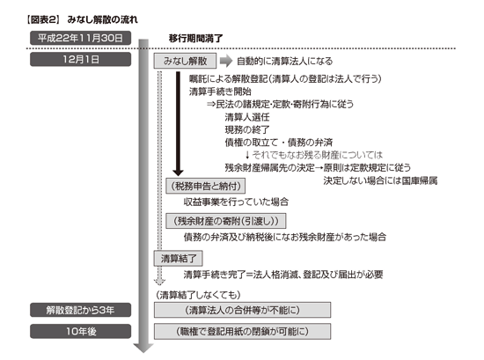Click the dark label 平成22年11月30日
[81, 38]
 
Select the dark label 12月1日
[81, 59]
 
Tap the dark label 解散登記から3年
[81, 310]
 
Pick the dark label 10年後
[81, 331]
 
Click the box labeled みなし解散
[185, 61]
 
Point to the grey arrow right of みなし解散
[226, 61]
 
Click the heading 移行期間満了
[195, 39]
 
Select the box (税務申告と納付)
[206, 186]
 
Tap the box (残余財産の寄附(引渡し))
[225, 221]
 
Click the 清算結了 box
[179, 259]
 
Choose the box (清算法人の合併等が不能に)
[242, 310]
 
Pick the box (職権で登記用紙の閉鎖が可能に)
[242, 331]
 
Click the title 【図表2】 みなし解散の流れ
[82, 19]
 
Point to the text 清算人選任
[247, 117]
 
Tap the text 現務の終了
[247, 129]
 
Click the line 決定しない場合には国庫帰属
[380, 180]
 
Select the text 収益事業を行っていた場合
[236, 202]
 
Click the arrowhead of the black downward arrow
[178, 173]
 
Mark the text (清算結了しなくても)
[198, 295]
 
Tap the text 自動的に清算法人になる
[284, 61]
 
